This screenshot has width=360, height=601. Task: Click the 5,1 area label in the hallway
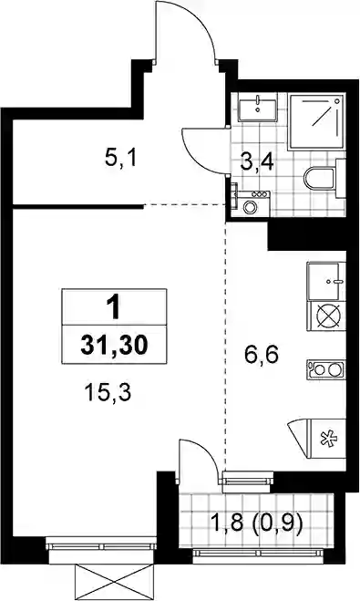120,159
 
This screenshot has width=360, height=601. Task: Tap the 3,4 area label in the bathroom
257,161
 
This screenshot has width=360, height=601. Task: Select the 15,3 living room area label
108,393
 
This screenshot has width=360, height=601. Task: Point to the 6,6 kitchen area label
262,356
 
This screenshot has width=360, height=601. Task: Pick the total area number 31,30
114,346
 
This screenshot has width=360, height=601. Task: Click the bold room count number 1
113,308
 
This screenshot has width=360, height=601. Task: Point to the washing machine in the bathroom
251,203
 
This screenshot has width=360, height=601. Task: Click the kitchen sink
326,282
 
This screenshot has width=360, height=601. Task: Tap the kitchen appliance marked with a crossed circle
326,316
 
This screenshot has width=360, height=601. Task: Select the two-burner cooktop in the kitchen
326,369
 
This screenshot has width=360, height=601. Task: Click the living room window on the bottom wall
101,546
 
